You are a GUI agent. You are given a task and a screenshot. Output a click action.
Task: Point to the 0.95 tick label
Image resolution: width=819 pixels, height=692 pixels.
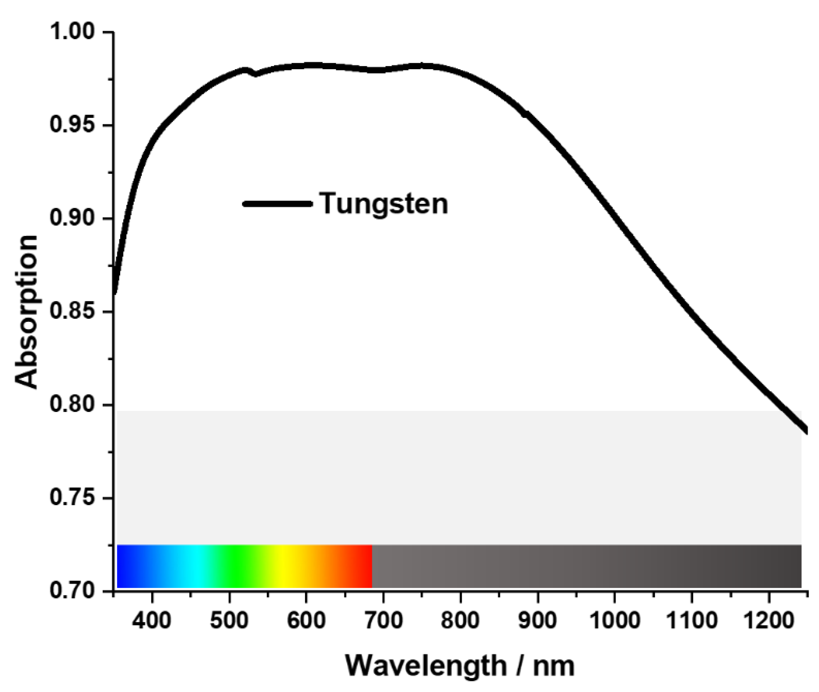[73, 126]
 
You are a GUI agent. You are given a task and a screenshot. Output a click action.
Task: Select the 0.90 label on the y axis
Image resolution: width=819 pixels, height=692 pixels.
[73, 218]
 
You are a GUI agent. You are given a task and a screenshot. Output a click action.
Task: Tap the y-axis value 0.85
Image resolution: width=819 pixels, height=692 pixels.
[73, 312]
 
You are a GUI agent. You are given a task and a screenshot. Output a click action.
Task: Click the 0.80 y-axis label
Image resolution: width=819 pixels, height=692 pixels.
[73, 405]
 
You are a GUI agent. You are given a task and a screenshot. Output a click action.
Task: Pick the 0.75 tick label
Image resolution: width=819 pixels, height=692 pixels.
[73, 498]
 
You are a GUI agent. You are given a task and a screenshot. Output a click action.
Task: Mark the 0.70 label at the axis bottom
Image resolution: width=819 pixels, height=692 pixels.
[73, 591]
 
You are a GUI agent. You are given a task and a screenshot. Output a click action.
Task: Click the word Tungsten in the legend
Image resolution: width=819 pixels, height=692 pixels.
[383, 204]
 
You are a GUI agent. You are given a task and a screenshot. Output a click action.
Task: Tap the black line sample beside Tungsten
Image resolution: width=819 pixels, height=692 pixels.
[277, 204]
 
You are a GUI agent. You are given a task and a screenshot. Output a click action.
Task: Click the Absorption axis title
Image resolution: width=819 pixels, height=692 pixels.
[27, 312]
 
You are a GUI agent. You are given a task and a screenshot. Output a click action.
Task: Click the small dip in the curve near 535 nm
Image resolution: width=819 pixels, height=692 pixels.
[256, 74]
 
